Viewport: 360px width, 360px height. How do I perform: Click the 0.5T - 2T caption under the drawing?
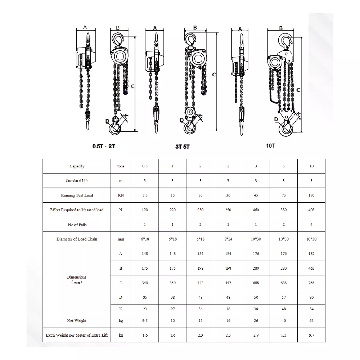click(104, 146)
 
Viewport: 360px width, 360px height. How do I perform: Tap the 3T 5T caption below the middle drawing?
click(183, 147)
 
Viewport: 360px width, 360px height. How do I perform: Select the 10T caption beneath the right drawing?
click(271, 145)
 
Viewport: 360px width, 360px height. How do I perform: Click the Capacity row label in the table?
click(77, 166)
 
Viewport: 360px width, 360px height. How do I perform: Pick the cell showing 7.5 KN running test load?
click(145, 195)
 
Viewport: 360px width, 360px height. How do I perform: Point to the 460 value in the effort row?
click(256, 210)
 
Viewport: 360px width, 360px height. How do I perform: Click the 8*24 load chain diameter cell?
click(228, 239)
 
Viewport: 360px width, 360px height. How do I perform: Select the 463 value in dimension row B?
click(311, 268)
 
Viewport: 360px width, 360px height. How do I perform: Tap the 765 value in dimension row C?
click(311, 283)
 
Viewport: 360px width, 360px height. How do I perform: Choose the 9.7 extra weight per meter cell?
click(311, 335)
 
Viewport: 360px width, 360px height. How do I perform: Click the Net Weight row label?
click(77, 320)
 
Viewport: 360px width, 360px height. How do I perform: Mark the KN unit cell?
click(121, 195)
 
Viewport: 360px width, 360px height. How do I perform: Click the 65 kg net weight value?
click(311, 320)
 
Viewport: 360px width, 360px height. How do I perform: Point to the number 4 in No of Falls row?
click(311, 225)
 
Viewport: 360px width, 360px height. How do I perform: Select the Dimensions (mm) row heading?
click(77, 280)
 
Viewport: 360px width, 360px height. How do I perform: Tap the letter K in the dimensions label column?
click(121, 309)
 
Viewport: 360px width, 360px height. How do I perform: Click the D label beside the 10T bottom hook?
click(276, 119)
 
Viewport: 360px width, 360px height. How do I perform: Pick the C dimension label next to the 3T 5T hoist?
click(214, 75)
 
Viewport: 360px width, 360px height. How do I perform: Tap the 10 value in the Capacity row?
click(311, 166)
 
